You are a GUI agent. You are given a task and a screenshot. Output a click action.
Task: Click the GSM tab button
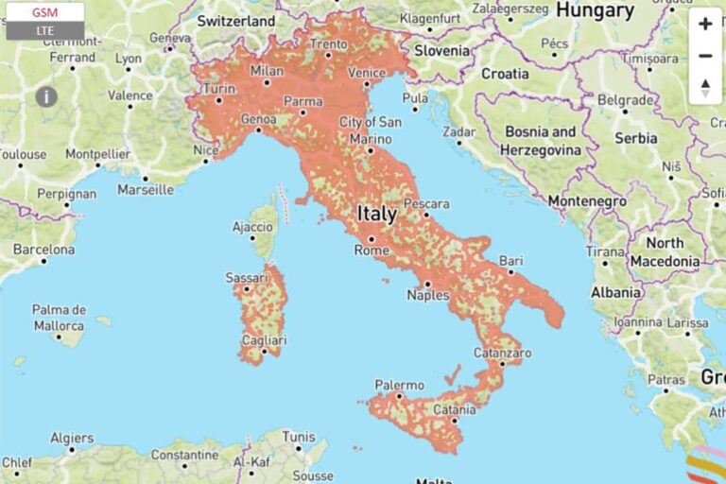point(44,12)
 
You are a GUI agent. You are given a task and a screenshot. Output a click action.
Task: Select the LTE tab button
point(44,31)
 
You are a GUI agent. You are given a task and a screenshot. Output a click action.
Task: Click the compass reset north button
point(705,88)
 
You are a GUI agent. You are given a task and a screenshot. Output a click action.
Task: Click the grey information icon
point(46,96)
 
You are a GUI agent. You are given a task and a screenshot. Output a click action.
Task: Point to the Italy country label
point(376,215)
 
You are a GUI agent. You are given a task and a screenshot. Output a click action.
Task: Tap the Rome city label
point(371,251)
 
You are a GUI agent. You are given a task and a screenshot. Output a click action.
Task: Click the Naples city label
point(427,295)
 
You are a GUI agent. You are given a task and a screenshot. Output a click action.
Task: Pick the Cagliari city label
point(263,340)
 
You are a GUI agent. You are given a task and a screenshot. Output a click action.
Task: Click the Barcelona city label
point(43,250)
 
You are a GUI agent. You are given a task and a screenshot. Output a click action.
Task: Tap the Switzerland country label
point(236,21)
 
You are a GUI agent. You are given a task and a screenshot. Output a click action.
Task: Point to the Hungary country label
point(594,11)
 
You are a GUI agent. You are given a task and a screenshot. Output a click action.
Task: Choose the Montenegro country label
point(587,201)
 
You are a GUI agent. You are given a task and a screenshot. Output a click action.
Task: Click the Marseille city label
point(146,189)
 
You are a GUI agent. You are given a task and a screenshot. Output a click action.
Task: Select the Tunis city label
point(299,437)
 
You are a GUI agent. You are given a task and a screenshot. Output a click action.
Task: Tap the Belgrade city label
point(625,99)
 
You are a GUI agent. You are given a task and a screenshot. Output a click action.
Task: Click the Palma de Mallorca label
point(59,318)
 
